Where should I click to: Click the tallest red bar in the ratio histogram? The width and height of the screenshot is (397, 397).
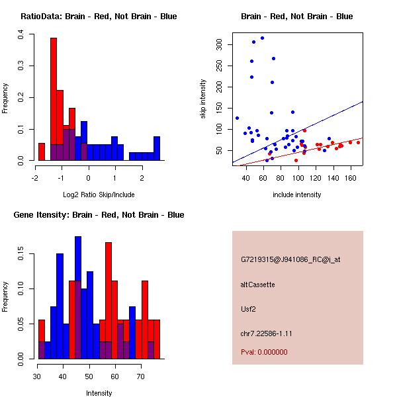[54, 99]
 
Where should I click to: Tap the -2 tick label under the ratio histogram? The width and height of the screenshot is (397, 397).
[35, 178]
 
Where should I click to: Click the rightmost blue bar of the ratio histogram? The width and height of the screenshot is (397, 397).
[157, 149]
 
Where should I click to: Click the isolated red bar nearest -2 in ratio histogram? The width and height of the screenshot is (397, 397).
[42, 152]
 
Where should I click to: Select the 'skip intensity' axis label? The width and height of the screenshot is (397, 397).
[203, 99]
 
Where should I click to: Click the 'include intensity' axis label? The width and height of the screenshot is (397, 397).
[297, 195]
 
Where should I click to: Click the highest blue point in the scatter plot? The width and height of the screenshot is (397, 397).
[262, 38]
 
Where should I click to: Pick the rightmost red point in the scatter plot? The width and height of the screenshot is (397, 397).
[358, 142]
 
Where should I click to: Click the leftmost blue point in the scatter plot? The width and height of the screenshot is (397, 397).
[237, 118]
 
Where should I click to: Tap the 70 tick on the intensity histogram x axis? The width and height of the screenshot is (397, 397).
[140, 376]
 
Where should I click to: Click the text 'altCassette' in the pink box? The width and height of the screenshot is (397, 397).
[257, 284]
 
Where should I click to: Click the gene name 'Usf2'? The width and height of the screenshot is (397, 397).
[249, 308]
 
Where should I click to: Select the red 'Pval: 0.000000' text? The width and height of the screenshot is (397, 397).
[264, 352]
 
